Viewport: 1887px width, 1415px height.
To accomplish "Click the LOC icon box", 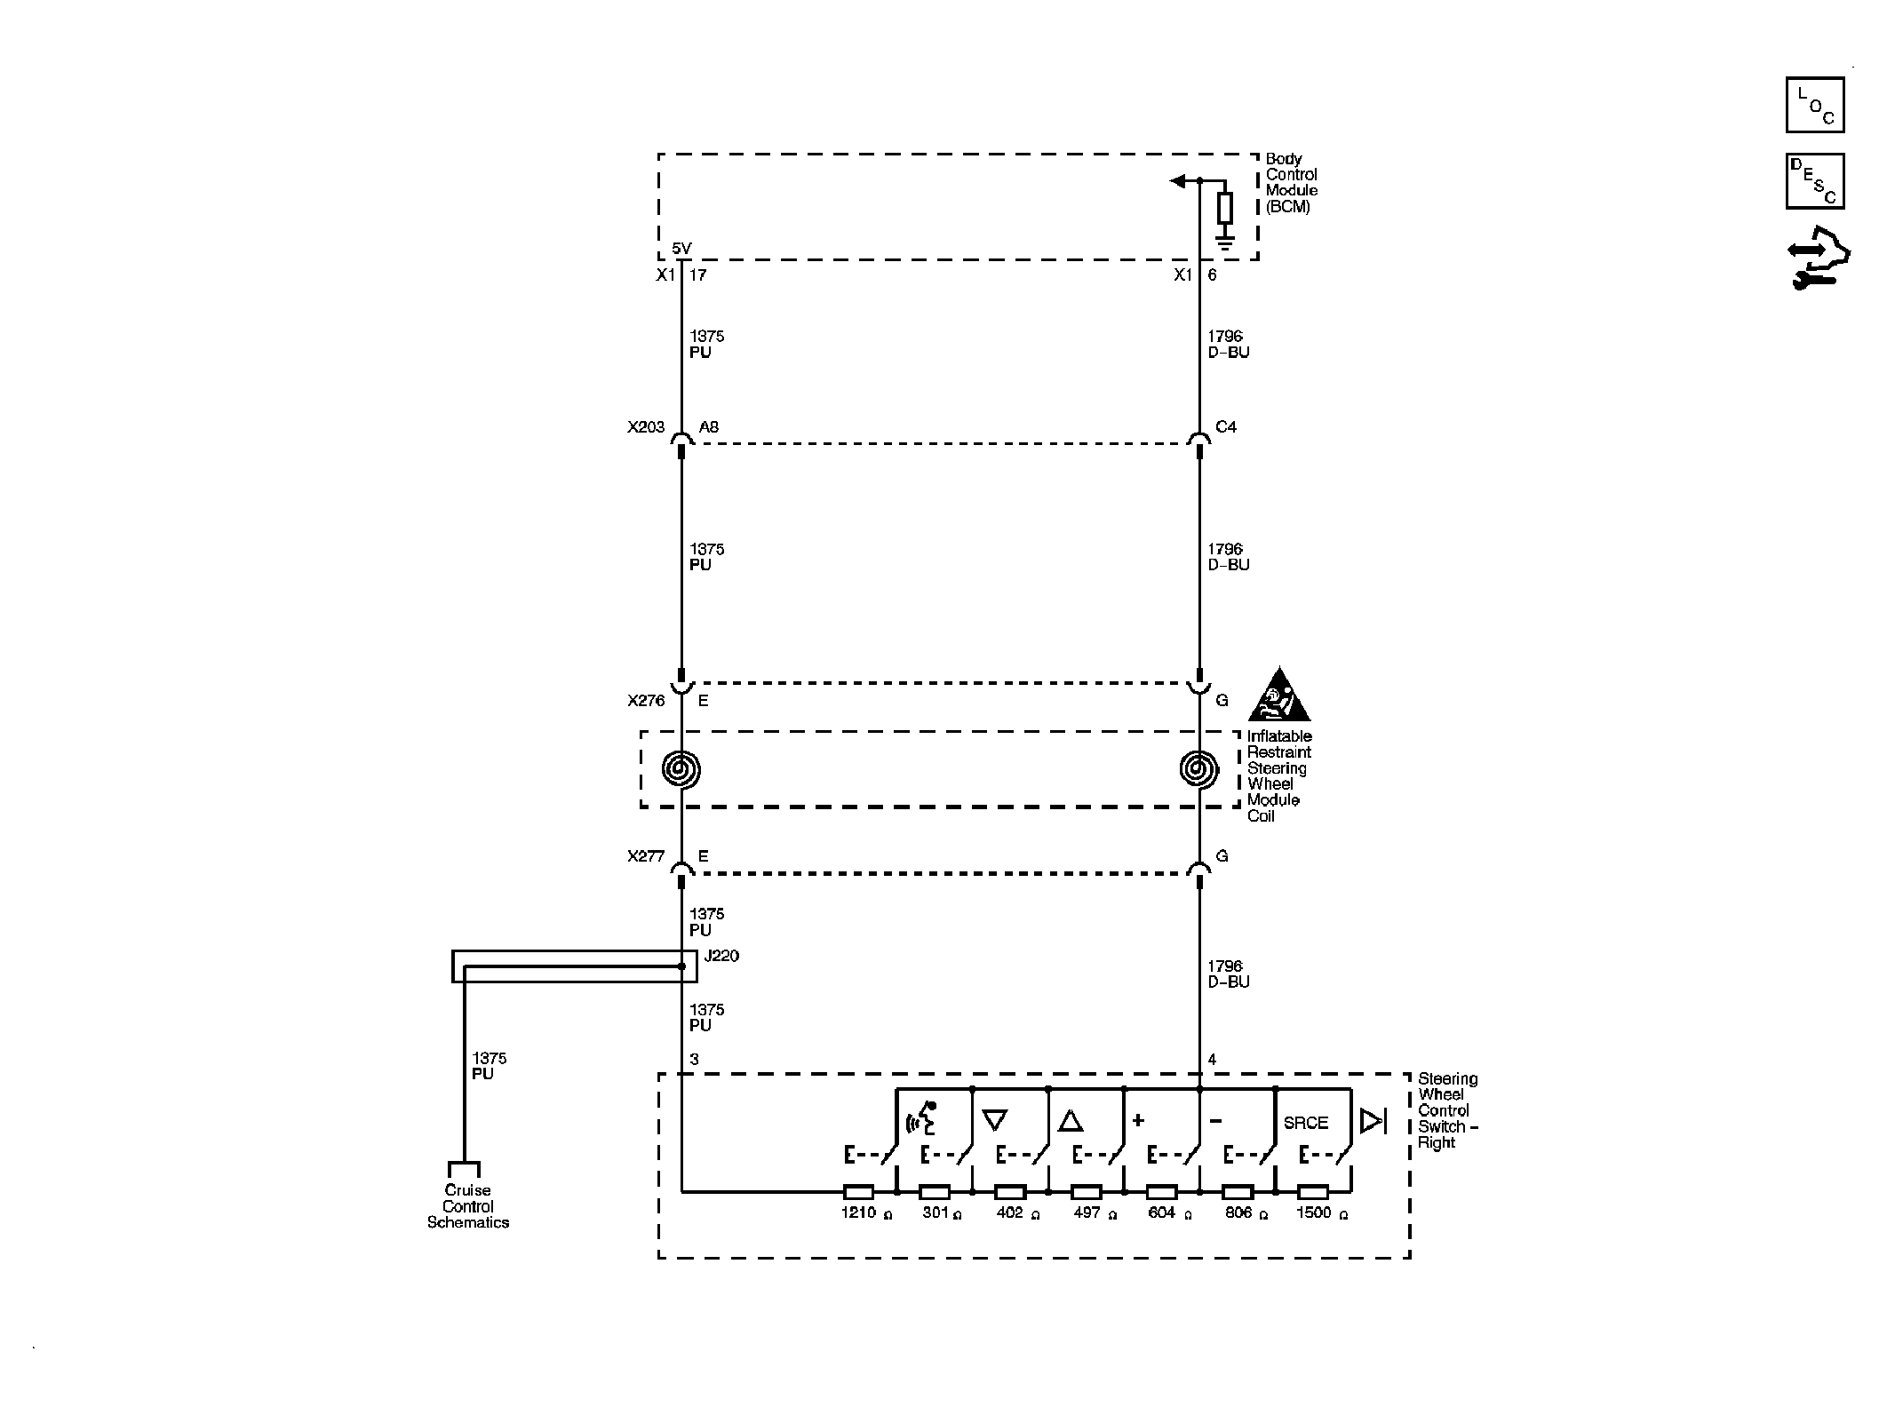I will tap(1814, 105).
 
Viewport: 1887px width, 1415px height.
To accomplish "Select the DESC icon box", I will tap(1814, 181).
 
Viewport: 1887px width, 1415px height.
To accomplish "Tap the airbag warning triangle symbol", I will tap(1278, 696).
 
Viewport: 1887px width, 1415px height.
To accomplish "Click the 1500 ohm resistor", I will tap(1313, 1192).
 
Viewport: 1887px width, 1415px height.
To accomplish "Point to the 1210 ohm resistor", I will tap(857, 1192).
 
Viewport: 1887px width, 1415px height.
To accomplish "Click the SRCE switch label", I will tap(1305, 1123).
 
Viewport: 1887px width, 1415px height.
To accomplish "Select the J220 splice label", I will tap(721, 956).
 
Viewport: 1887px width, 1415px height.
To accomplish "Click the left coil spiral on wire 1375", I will tap(681, 769).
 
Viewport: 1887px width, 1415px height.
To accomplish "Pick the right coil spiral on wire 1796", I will tap(1198, 769).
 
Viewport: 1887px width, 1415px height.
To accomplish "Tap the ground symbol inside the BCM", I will tap(1225, 242).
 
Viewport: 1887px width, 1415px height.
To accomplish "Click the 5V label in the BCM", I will tap(681, 249).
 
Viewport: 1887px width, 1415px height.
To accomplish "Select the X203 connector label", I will tap(646, 427).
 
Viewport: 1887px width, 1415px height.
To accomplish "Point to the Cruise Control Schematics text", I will tap(468, 1206).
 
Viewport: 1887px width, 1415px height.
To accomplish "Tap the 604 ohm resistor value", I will tap(1161, 1212).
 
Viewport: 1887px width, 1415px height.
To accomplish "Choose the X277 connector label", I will tap(646, 856).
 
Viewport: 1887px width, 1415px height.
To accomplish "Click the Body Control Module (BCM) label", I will tap(1291, 183).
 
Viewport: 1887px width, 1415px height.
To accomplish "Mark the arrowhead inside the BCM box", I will tap(1178, 181).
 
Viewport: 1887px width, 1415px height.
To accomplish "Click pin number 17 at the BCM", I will tap(698, 275).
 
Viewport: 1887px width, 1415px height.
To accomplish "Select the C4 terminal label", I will tap(1225, 427).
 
